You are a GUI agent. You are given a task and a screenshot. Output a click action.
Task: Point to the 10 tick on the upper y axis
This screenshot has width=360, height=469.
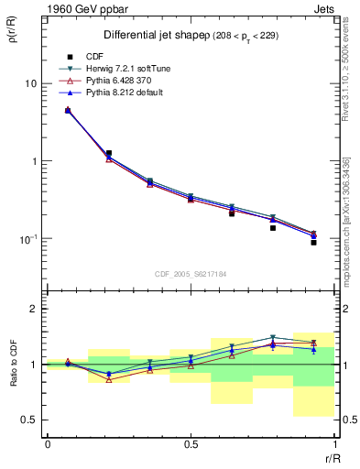(30, 83)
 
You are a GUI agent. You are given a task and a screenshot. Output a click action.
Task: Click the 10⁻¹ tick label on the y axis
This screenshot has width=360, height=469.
(27, 239)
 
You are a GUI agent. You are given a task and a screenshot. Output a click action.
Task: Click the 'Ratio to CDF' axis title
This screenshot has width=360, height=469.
(13, 381)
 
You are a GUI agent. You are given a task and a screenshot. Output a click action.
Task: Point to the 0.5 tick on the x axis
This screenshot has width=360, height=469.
(191, 444)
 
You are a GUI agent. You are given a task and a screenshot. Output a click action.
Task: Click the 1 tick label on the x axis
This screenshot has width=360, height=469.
(333, 444)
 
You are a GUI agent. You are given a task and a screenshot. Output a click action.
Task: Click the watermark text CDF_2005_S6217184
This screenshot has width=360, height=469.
(191, 274)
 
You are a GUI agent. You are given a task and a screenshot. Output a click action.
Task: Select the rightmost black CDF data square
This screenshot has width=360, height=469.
(313, 243)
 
